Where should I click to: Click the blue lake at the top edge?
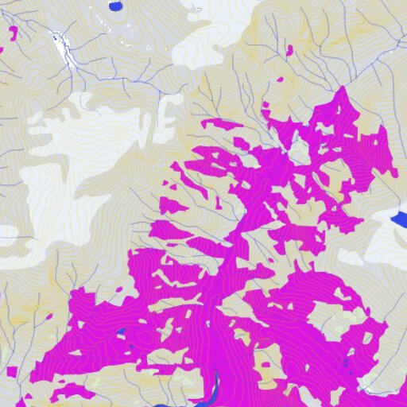coord(115,6)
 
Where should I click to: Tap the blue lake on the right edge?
coord(401,218)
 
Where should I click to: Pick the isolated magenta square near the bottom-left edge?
coord(10,370)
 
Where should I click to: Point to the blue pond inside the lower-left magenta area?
coord(122,334)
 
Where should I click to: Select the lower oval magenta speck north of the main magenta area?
coord(280,80)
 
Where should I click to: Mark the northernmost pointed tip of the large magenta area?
coord(343,89)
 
